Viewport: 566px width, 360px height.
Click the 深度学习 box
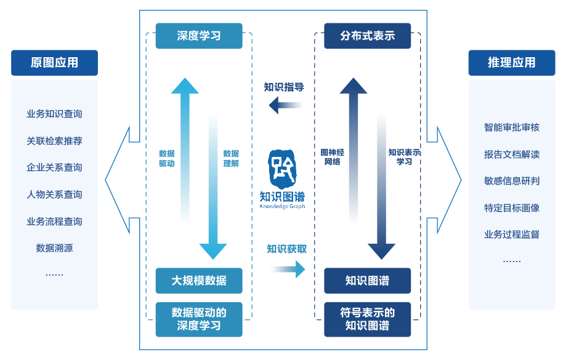198,36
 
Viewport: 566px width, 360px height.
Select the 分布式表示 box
367,36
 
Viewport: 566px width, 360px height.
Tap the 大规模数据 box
198,281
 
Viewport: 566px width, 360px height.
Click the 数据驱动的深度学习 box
198,319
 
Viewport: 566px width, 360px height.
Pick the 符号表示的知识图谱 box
367,319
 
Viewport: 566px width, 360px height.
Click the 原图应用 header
54,63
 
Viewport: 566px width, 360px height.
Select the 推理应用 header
511,63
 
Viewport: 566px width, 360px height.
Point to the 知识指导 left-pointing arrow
286,106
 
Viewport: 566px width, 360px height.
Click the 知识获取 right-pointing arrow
288,268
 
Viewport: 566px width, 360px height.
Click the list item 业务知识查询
54,114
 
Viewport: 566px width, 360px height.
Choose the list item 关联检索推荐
54,141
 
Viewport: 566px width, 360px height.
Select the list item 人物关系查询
54,194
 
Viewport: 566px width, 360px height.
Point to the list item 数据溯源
54,248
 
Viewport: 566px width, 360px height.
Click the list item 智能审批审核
511,127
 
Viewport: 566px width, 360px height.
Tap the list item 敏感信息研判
511,181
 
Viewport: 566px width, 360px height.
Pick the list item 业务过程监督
511,234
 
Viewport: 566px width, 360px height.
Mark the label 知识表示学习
404,156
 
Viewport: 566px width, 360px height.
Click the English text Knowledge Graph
282,207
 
